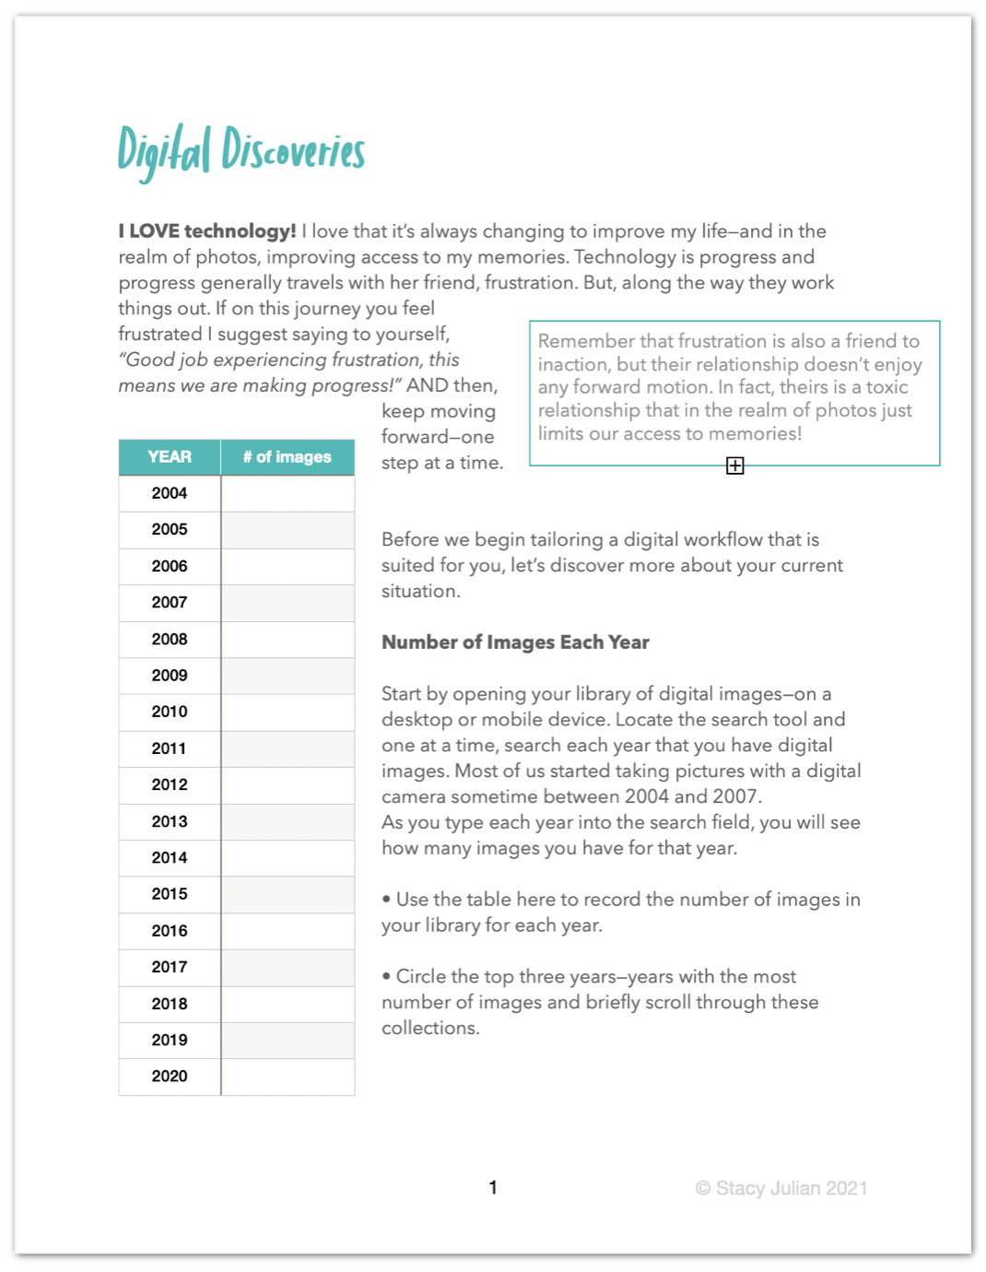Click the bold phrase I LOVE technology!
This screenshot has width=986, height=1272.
[207, 231]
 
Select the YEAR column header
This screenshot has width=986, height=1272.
[170, 457]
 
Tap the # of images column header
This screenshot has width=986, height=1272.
[287, 457]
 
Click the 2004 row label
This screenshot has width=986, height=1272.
[170, 493]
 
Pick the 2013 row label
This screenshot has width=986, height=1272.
[170, 821]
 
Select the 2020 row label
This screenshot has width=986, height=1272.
[170, 1076]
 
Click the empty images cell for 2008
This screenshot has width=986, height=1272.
[288, 639]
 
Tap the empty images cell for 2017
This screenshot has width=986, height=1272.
[288, 967]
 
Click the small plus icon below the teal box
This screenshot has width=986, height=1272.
[734, 465]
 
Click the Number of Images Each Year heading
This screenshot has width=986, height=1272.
[515, 642]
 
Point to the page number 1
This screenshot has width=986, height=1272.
[493, 1187]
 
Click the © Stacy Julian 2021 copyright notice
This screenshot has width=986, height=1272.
[781, 1188]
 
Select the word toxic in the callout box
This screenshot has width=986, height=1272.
[886, 387]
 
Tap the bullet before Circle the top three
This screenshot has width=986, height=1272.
[386, 977]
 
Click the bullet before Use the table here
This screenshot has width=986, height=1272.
[386, 900]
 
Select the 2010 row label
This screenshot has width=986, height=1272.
[170, 712]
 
